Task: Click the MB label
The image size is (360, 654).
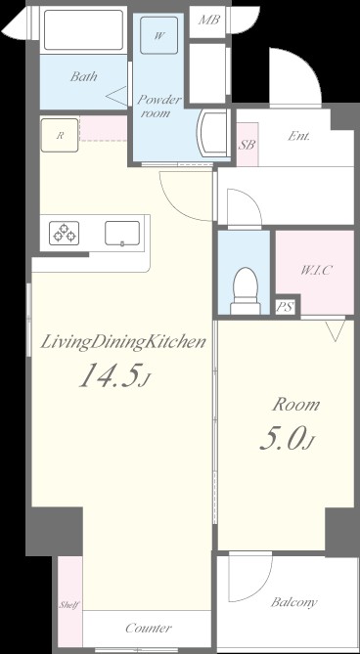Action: point(208,20)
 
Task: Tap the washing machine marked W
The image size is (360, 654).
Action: point(158,35)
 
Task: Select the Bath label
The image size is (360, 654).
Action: point(83,76)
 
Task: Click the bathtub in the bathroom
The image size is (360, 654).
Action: point(83,29)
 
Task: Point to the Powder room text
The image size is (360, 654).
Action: point(159,106)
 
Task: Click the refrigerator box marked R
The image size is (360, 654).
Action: point(60,135)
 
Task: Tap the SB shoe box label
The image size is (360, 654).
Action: point(247,145)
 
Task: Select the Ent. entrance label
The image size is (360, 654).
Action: point(298,136)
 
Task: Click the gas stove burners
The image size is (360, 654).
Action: point(65,233)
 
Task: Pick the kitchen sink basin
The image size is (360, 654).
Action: point(122,234)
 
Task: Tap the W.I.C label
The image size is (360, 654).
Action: point(316,270)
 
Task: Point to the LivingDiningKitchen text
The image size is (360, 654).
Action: point(123,342)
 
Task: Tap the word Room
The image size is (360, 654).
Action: point(296,405)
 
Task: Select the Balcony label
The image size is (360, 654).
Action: point(294,602)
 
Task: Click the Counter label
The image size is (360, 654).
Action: point(149,628)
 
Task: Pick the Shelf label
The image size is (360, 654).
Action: point(69,605)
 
